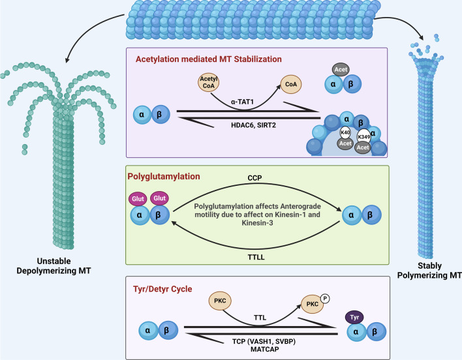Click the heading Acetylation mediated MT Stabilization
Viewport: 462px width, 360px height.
coord(204,58)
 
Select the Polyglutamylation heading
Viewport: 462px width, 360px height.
coord(166,176)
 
